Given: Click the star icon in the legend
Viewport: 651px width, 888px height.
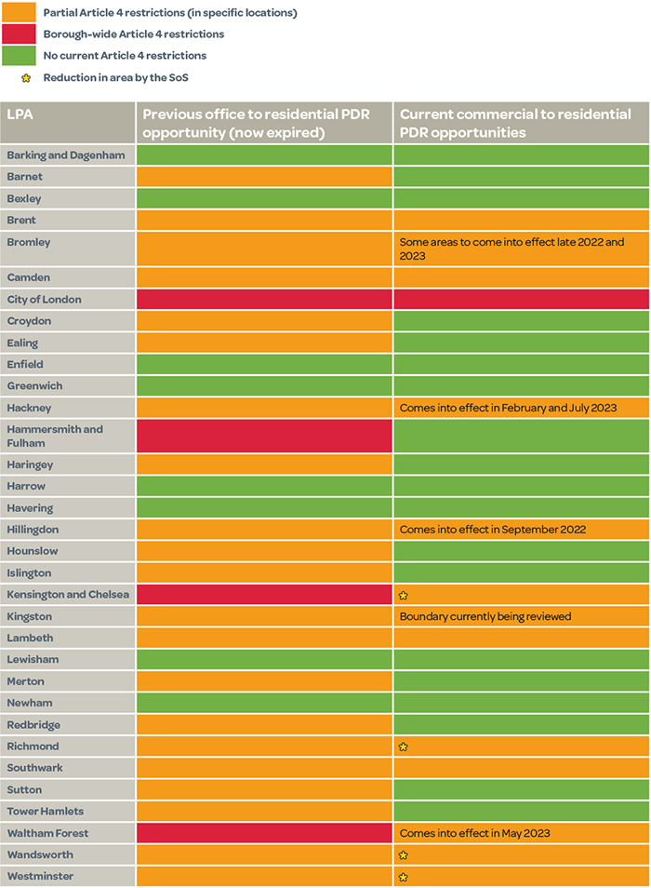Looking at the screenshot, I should click(x=26, y=78).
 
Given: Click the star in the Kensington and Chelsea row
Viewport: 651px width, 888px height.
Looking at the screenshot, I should click(x=404, y=595).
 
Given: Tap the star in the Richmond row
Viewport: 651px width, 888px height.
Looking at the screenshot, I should click(x=404, y=747).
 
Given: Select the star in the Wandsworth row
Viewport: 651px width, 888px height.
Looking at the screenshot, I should click(x=404, y=854).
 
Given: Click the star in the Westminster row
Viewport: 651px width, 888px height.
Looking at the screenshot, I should click(x=404, y=877).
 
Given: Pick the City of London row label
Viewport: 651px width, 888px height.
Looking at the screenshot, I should click(x=44, y=300).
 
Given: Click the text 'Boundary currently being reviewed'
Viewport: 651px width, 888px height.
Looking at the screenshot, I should click(x=485, y=616).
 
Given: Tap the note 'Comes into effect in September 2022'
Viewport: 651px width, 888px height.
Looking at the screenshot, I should click(x=492, y=530).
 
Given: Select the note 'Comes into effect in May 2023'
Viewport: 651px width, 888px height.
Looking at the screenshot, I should click(x=474, y=833).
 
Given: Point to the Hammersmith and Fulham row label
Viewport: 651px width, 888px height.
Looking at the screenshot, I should click(x=55, y=436).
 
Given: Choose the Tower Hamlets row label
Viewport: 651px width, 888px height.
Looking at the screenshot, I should click(x=45, y=812).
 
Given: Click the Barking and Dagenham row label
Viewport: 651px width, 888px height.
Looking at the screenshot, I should click(x=65, y=155).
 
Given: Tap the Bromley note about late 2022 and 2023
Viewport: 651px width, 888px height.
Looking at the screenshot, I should click(x=511, y=249).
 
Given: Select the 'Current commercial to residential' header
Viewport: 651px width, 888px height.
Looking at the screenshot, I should click(x=515, y=122).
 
